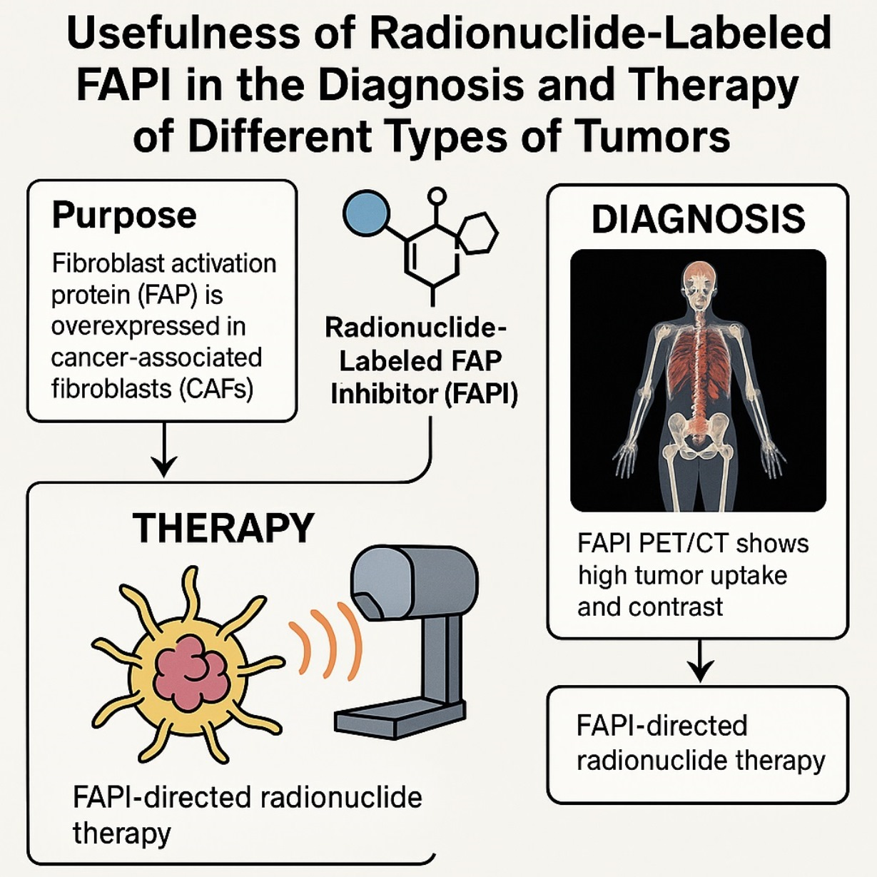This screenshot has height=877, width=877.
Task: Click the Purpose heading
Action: (x=124, y=215)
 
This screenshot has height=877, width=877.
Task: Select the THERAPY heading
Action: (x=223, y=528)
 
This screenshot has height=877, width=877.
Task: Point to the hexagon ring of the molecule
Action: (x=477, y=232)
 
